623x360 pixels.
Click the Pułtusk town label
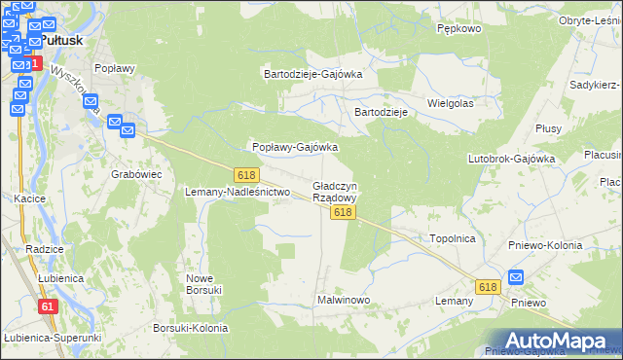coord(60,41)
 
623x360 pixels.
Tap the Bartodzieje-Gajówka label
coord(313,73)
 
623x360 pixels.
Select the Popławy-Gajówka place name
coord(295,147)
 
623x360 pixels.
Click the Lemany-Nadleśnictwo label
coord(238,192)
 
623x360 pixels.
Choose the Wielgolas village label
coord(450,102)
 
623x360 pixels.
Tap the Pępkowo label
coord(459,29)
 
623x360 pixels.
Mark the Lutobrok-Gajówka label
coord(511,158)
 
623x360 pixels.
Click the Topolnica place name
coord(452,237)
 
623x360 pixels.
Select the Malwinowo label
coord(344,300)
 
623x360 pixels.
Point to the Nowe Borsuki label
coord(205,283)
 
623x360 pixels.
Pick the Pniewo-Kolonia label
coord(545,245)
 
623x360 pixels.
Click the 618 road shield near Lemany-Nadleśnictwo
coord(245,174)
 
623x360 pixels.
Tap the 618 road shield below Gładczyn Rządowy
coord(341,212)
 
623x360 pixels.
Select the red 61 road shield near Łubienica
coord(48,306)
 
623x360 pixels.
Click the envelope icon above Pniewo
coord(516,278)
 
